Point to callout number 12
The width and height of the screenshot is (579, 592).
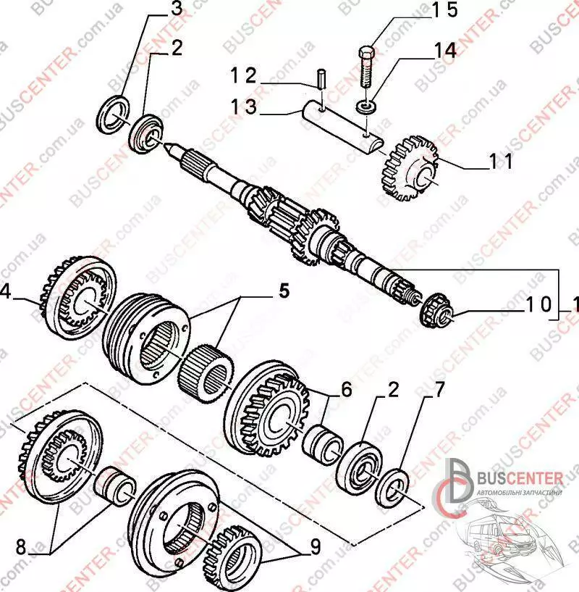point(244,74)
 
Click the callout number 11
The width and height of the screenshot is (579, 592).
point(500,161)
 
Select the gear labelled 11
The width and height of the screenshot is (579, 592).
point(407,167)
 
